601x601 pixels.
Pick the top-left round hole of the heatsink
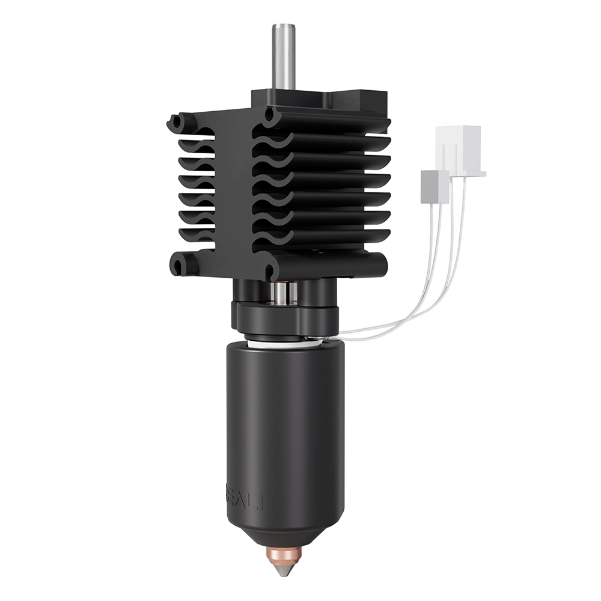(x=175, y=123)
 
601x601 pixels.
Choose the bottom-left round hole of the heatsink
(x=177, y=264)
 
